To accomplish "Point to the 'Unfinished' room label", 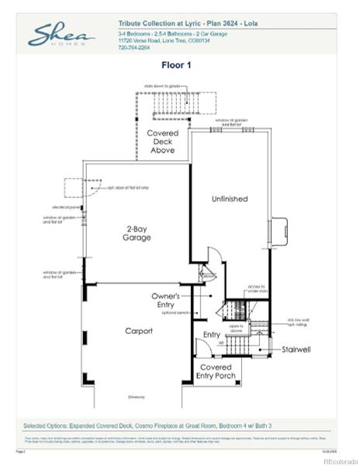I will [230, 199].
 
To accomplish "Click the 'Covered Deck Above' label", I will [163, 141].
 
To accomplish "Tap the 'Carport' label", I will [139, 331].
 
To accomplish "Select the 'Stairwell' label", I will [296, 349].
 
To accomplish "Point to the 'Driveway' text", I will [137, 397].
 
